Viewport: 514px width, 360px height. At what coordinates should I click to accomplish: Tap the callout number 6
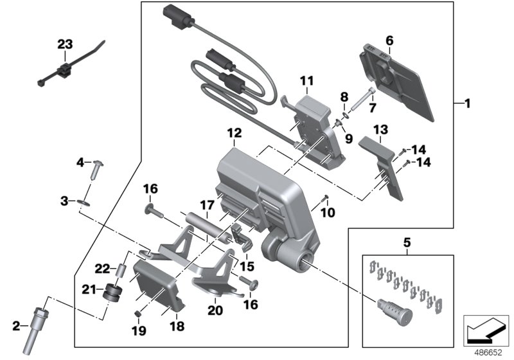(x=389, y=40)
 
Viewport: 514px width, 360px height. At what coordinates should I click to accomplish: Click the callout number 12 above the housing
(x=233, y=133)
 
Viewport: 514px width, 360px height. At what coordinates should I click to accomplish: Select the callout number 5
(x=406, y=244)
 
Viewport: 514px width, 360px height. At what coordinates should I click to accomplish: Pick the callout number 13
(x=380, y=129)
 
